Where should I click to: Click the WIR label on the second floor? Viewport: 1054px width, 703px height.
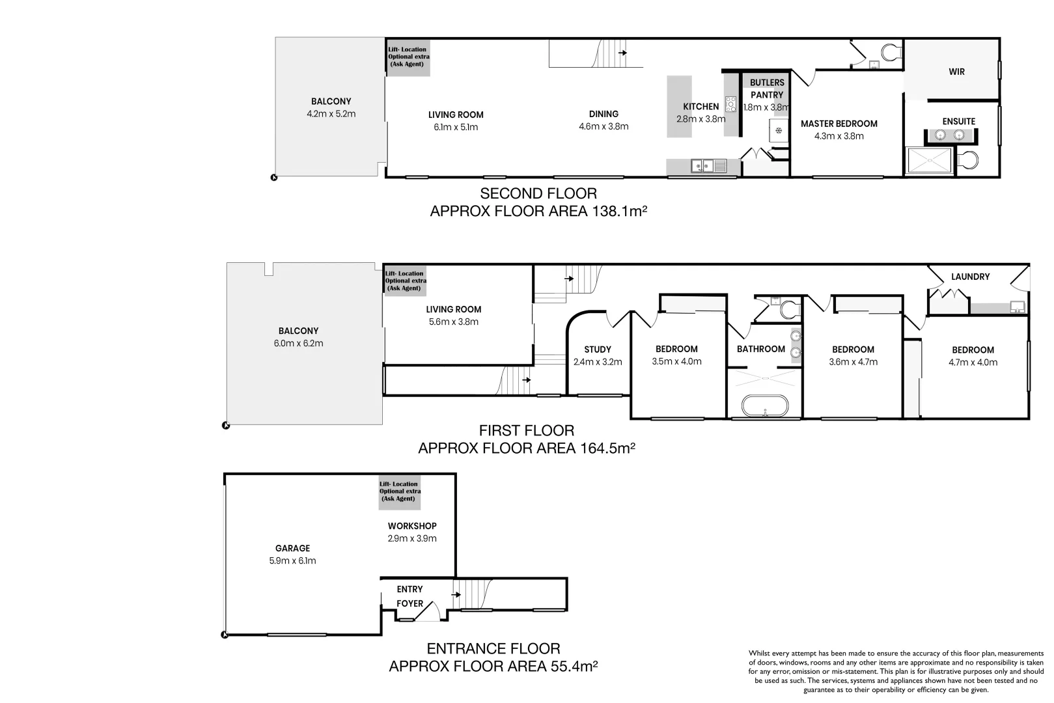click(x=956, y=72)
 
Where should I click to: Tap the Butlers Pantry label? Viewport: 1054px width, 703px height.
click(x=767, y=89)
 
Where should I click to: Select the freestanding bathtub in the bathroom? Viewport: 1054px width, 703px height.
click(x=764, y=406)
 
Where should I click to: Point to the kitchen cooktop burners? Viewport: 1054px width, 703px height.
click(x=730, y=104)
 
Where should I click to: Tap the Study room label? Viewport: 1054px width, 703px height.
click(x=598, y=350)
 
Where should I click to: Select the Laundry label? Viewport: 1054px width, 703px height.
click(x=970, y=277)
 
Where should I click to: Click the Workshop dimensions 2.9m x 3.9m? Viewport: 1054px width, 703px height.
click(x=412, y=538)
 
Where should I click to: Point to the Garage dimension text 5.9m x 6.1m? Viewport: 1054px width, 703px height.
click(x=293, y=560)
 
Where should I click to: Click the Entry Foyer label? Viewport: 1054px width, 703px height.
click(x=410, y=596)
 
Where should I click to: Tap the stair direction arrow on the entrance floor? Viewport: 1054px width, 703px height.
click(x=456, y=594)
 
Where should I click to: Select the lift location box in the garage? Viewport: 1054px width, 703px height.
click(x=400, y=492)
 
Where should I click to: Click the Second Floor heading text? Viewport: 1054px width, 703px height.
click(x=538, y=193)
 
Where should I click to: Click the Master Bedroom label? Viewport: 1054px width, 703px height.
click(x=839, y=124)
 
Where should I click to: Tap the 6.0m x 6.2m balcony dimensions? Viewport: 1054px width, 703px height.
click(x=298, y=343)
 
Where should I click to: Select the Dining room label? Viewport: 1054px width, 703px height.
click(x=603, y=114)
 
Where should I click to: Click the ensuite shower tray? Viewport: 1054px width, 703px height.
click(x=929, y=161)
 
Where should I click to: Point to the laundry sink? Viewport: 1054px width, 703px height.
click(x=1018, y=307)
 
